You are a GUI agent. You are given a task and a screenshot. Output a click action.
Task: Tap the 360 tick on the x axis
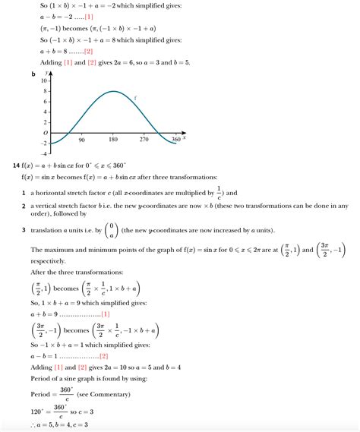(176, 140)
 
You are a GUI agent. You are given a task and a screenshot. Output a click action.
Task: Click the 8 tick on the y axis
(46, 91)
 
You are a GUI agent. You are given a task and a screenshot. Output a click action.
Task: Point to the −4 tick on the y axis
(45, 153)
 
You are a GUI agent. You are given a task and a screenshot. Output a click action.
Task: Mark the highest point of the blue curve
(112, 92)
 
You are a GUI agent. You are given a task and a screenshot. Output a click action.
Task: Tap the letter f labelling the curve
(135, 97)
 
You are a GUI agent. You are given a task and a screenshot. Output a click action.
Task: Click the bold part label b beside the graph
(33, 74)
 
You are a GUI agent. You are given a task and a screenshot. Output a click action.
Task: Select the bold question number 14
(16, 166)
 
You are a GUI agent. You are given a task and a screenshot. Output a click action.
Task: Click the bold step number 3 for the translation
(24, 231)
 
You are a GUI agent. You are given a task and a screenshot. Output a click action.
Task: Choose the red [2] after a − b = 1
(103, 355)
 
